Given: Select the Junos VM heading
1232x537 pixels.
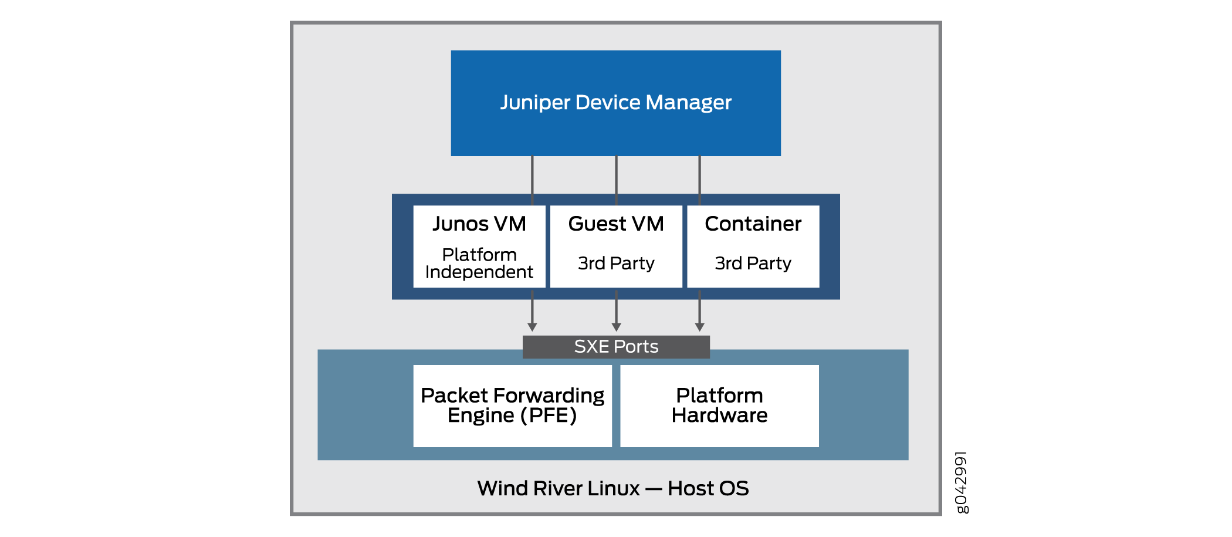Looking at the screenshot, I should pyautogui.click(x=479, y=224).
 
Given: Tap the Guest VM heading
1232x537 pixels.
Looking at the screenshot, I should pyautogui.click(x=616, y=224).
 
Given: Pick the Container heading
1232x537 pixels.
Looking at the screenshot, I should pyautogui.click(x=753, y=224).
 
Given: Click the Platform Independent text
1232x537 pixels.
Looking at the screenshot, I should pyautogui.click(x=479, y=264).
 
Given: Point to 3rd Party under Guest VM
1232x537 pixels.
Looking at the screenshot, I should pyautogui.click(x=616, y=264).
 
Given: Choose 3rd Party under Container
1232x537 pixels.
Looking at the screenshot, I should pyautogui.click(x=753, y=264).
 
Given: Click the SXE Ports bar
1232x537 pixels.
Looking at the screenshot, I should pyautogui.click(x=616, y=347).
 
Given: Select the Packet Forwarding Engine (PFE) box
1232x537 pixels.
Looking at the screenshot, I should pyautogui.click(x=512, y=406).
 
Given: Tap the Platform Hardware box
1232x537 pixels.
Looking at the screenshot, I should pyautogui.click(x=719, y=406).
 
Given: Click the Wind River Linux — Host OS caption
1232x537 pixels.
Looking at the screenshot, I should pyautogui.click(x=613, y=488).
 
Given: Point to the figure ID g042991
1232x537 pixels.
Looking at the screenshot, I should pyautogui.click(x=961, y=482).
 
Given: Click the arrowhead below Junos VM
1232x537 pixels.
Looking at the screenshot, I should pyautogui.click(x=532, y=327).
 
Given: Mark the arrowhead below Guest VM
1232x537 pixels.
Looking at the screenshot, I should pyautogui.click(x=616, y=327).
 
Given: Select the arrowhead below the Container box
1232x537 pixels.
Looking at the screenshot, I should pyautogui.click(x=699, y=327).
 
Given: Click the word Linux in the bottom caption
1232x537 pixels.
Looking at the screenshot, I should pyautogui.click(x=614, y=488).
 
